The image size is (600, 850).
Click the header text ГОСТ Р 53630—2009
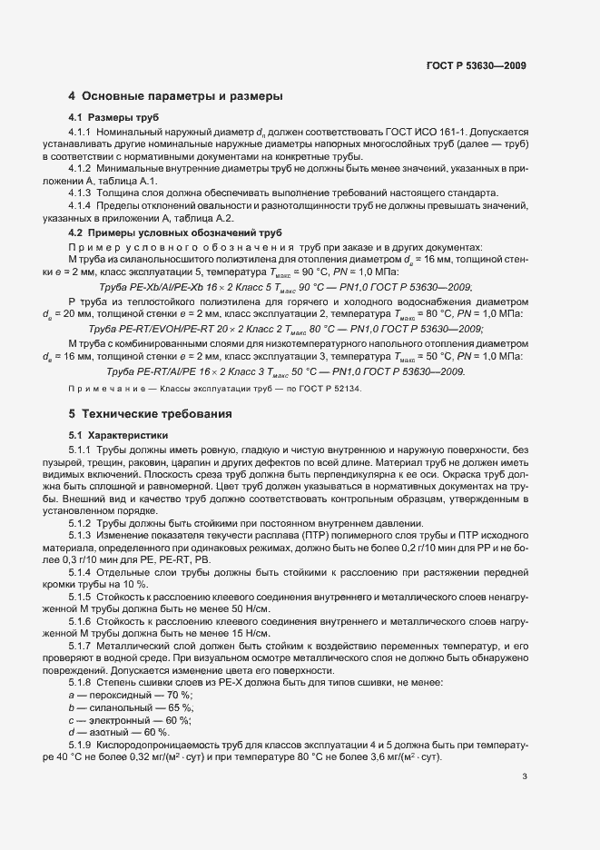475,65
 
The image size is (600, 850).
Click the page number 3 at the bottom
525,776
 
